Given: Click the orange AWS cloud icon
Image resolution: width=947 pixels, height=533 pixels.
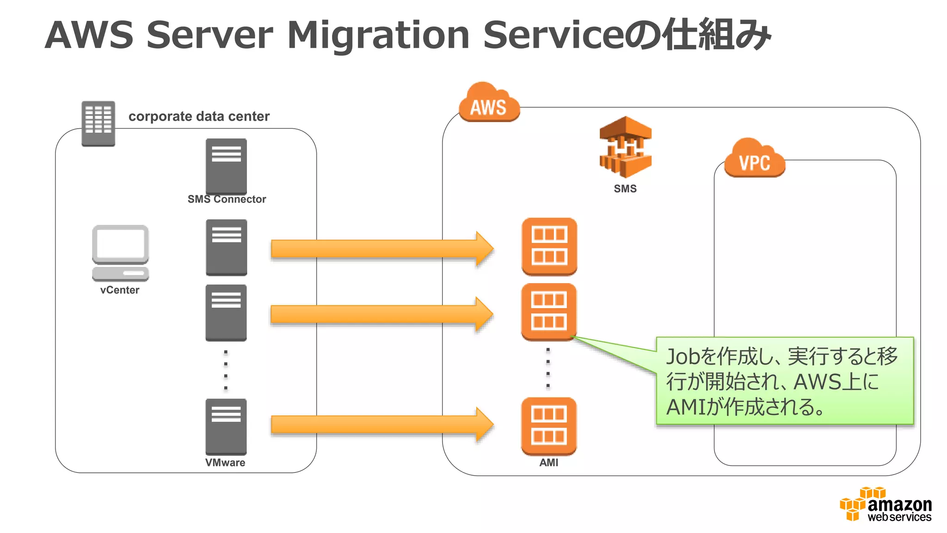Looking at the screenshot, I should [489, 104].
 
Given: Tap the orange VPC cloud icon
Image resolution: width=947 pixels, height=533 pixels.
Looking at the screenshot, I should [754, 159].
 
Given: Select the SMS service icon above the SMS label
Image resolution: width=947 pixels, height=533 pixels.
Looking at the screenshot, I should [625, 147].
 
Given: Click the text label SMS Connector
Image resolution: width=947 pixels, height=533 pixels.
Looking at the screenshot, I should [227, 199].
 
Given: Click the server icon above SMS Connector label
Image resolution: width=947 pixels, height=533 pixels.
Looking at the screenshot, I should [226, 166].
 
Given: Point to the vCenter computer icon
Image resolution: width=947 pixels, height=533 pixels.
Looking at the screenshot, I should [120, 253].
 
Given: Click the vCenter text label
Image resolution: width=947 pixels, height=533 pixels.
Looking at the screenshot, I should [120, 290].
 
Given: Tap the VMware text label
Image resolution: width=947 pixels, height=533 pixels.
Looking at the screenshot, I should [225, 463].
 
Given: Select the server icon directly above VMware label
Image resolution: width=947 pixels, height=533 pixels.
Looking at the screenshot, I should [226, 427].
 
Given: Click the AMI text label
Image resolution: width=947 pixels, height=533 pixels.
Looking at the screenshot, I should [549, 463].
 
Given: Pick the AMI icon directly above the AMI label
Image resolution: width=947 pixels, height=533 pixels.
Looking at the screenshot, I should [549, 426].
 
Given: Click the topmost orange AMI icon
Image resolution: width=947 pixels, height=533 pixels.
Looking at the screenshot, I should [549, 246].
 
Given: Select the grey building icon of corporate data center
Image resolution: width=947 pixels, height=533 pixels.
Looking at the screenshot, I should [98, 123].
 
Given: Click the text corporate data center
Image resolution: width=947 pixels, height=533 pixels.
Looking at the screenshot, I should [199, 116].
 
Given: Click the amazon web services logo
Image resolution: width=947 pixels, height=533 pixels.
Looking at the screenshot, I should [886, 505].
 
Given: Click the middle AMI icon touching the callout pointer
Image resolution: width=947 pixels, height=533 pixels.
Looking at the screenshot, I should [549, 312].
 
